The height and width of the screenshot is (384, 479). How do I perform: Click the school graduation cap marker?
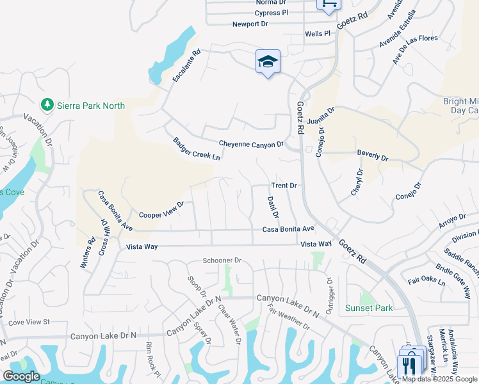click(268, 62)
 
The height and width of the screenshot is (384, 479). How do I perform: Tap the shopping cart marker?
click(329, 4)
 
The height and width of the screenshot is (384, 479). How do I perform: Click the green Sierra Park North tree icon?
click(47, 104)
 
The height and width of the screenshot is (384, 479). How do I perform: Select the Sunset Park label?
click(369, 308)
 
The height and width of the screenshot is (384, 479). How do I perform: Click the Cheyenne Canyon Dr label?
click(251, 144)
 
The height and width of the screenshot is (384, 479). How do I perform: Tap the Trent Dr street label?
click(284, 186)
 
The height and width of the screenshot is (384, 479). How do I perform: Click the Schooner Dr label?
click(222, 260)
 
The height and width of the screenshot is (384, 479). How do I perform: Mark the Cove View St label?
click(29, 321)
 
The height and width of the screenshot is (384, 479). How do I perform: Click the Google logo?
click(21, 376)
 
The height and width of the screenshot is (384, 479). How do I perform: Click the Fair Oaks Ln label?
click(426, 282)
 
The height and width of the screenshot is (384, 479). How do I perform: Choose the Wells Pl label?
click(317, 33)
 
